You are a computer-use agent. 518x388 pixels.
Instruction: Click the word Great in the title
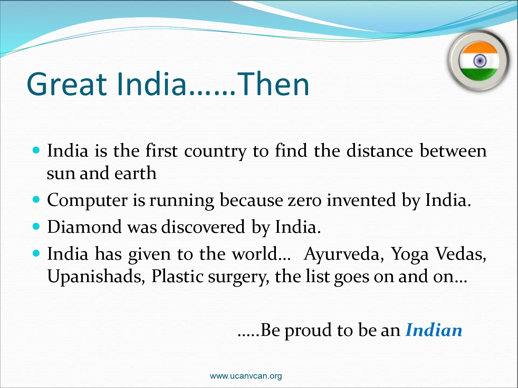(x=67, y=84)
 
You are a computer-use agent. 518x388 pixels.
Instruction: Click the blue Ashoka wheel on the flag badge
(x=480, y=61)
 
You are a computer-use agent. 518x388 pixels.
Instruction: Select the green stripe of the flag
(x=479, y=74)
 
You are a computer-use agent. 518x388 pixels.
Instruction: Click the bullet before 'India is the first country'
(x=36, y=150)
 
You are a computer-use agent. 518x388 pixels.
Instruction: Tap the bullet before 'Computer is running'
(x=36, y=200)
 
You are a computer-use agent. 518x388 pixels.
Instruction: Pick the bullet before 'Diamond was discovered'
(x=36, y=226)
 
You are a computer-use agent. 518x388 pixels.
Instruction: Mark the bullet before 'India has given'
(x=36, y=253)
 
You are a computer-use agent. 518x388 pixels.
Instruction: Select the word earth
(x=135, y=173)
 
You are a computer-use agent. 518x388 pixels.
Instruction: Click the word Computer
(x=87, y=200)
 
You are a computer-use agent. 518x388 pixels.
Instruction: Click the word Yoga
(x=410, y=255)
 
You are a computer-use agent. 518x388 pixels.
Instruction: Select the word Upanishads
(x=96, y=276)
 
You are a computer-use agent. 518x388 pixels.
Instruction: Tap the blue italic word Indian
(x=434, y=330)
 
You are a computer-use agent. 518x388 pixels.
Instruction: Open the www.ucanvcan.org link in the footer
(x=246, y=376)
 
